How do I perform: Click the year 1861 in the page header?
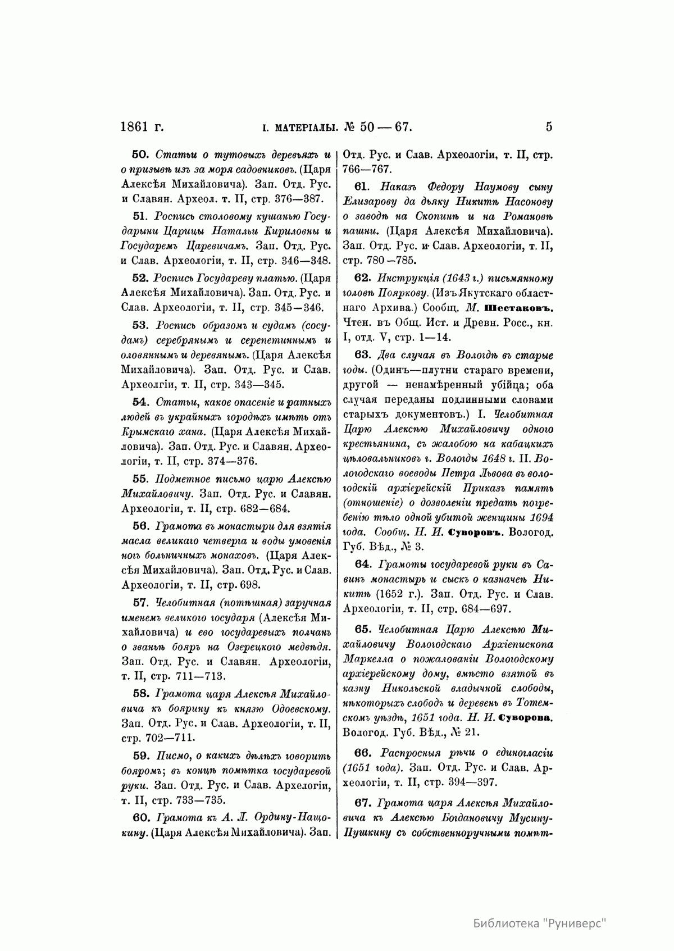point(137,127)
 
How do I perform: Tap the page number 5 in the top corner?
point(549,127)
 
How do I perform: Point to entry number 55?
point(139,479)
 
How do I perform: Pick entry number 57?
point(139,603)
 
